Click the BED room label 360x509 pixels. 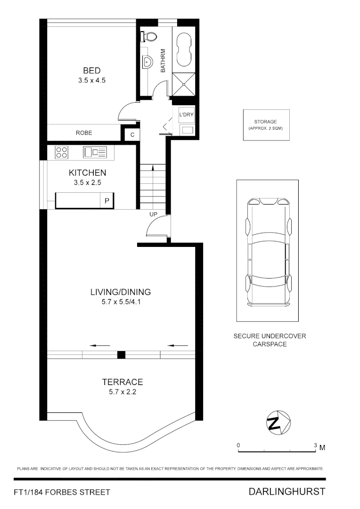(91, 71)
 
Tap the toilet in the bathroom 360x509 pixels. (150, 36)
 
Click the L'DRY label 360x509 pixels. (186, 115)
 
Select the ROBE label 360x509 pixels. (84, 133)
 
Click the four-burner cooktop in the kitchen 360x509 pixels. (62, 152)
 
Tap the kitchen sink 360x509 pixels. (95, 152)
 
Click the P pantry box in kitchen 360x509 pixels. (107, 201)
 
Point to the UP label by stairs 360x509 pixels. (153, 214)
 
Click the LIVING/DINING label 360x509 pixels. (121, 292)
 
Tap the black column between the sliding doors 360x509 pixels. (121, 354)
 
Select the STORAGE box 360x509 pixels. (265, 125)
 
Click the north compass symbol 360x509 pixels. (277, 420)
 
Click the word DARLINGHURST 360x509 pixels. (286, 492)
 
